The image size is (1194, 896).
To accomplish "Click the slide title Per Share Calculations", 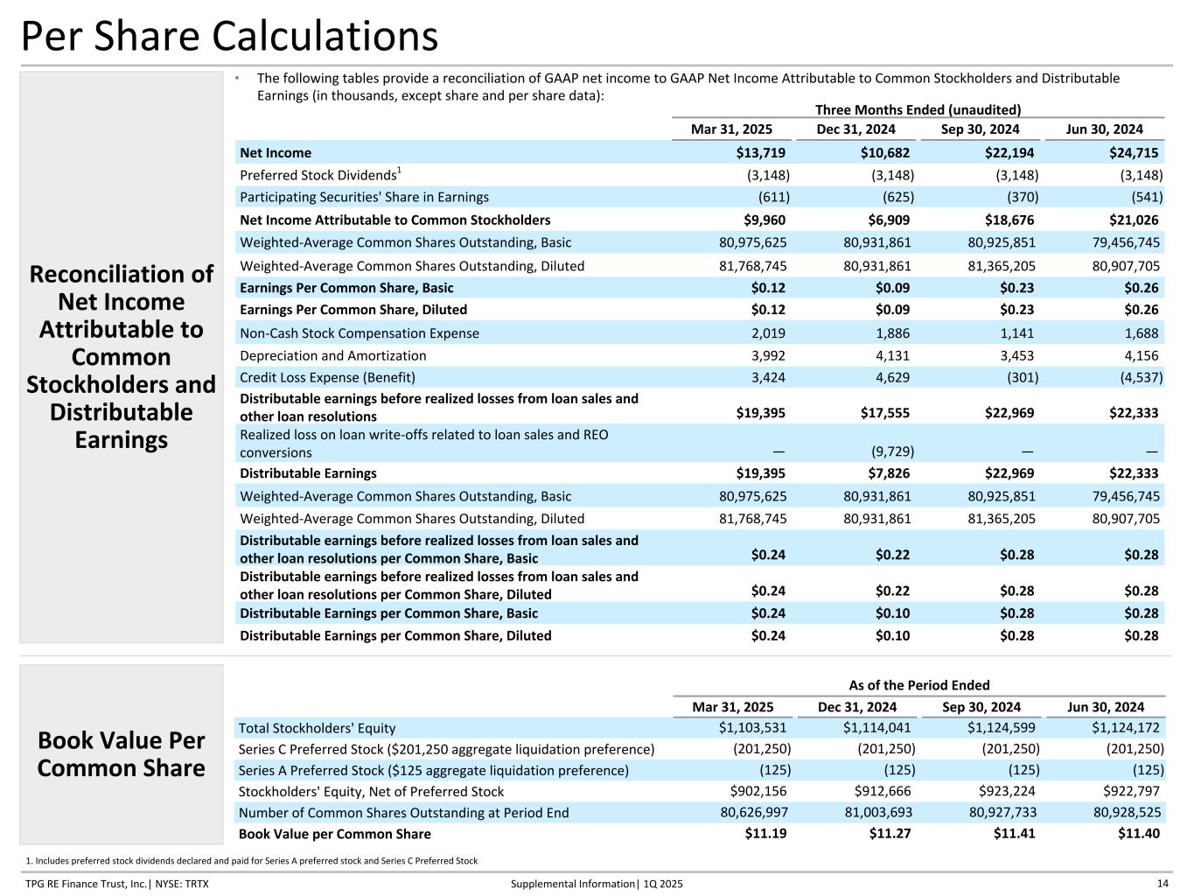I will coord(229,37).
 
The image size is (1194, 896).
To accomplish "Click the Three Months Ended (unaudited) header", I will coord(918,109).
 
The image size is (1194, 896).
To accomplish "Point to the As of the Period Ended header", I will coord(919,685).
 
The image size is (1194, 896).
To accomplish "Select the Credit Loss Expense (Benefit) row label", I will coord(327,378).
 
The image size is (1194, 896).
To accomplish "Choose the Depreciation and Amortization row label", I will coord(332,355).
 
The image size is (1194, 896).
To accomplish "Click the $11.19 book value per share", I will coord(765,834).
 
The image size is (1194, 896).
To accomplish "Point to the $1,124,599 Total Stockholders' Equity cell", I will coord(1002,728).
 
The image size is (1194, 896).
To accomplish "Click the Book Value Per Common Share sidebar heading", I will coord(121,754).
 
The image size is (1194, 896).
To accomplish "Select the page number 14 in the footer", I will coord(1163,884).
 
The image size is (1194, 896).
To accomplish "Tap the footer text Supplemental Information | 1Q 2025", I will coord(597,884).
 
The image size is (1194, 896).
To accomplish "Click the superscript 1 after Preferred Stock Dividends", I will coord(399,170).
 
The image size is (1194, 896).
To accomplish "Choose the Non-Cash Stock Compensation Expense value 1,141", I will coord(1018,333).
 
